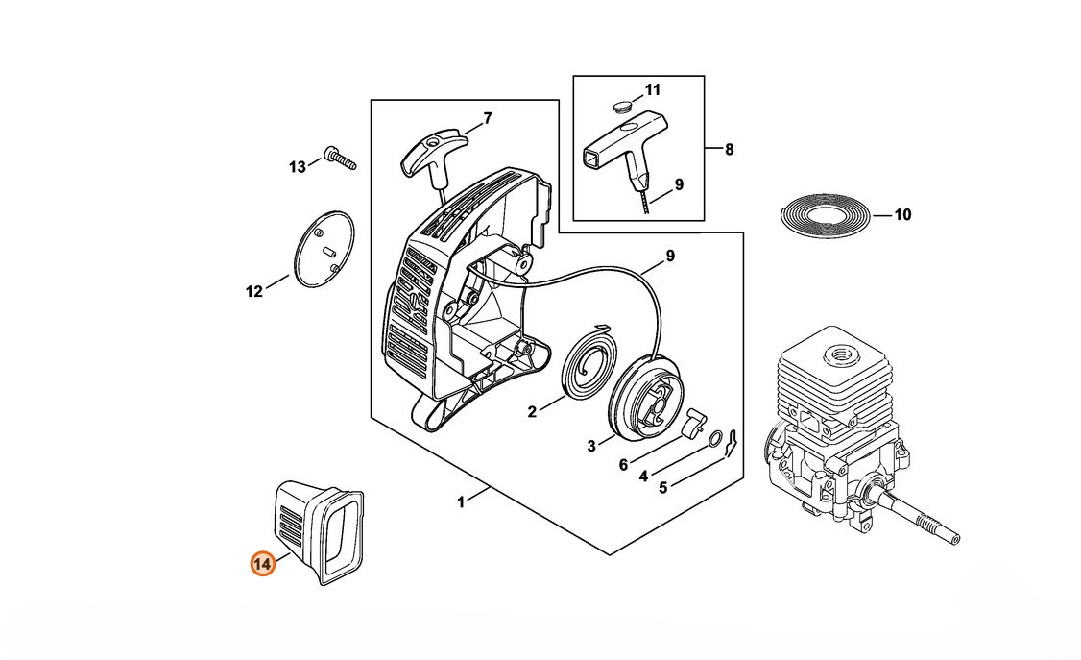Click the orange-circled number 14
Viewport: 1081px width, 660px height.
pyautogui.click(x=262, y=564)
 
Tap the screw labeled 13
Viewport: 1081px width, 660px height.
pyautogui.click(x=339, y=157)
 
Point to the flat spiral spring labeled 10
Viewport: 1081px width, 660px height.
pyautogui.click(x=826, y=215)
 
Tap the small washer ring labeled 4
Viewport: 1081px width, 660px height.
pyautogui.click(x=715, y=441)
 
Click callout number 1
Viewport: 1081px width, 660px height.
pyautogui.click(x=461, y=501)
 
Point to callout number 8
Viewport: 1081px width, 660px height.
pyautogui.click(x=730, y=149)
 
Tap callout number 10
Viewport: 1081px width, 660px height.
pyautogui.click(x=902, y=215)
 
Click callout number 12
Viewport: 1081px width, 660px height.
pyautogui.click(x=253, y=292)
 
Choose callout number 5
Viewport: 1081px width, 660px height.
pyautogui.click(x=662, y=487)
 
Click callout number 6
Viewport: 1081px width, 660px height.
pyautogui.click(x=623, y=465)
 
